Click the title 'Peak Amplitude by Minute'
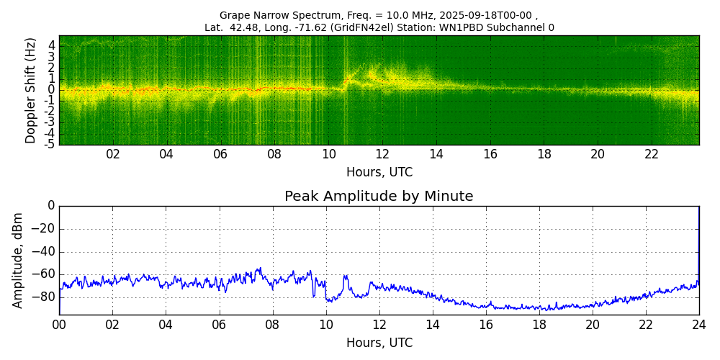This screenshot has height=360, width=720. click(379, 197)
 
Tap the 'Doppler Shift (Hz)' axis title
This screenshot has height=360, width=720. click(31, 90)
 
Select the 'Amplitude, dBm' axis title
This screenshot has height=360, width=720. click(19, 260)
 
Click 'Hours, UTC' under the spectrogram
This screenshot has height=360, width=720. click(379, 173)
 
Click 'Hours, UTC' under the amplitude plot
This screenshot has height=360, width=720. click(379, 343)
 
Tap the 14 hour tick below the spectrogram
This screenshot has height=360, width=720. click(436, 154)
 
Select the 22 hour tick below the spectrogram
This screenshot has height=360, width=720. click(652, 154)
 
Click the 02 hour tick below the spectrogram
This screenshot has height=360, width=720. click(113, 154)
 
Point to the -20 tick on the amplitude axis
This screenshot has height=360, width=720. click(45, 229)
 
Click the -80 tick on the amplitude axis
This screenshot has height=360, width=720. click(45, 296)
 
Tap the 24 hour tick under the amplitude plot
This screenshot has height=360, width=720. click(698, 325)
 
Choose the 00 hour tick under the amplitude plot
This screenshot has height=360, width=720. click(59, 325)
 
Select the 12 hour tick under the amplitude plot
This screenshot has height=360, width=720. click(379, 325)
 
